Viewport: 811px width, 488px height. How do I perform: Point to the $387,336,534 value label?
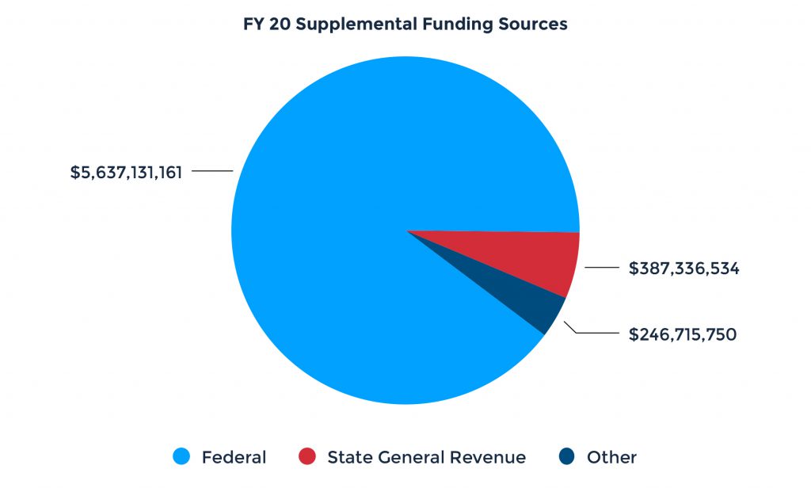click(x=683, y=269)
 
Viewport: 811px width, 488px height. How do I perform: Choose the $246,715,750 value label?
click(x=683, y=334)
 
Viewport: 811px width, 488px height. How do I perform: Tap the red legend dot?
click(x=307, y=457)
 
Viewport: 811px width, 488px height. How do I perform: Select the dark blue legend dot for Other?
click(x=566, y=457)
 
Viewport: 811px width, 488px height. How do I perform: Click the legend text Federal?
click(x=234, y=457)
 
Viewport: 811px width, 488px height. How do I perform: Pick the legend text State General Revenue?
click(x=426, y=457)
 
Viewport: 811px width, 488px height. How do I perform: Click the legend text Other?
click(x=611, y=457)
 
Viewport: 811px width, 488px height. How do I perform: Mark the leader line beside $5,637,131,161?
click(x=212, y=171)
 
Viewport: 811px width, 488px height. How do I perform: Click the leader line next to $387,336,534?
click(x=601, y=269)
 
